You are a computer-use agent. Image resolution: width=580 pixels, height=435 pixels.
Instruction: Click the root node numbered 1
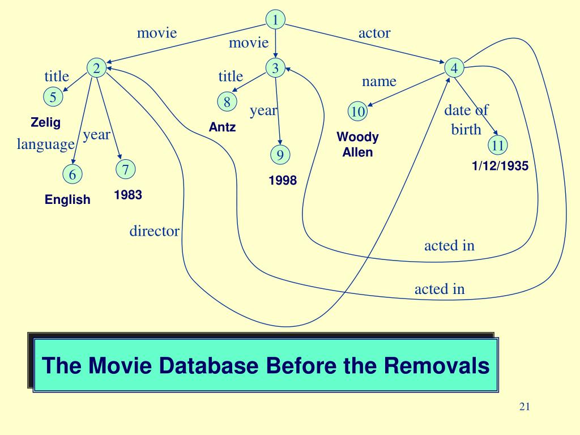pos(275,20)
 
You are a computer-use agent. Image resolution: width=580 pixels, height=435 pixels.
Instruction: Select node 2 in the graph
pos(96,69)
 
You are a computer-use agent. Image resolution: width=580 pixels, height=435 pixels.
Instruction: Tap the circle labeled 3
pos(275,69)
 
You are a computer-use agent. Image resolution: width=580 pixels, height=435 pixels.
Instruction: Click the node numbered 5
pos(53,97)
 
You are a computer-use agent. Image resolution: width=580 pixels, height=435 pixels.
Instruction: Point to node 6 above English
pos(72,174)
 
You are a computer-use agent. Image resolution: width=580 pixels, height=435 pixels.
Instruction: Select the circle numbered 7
pos(125,169)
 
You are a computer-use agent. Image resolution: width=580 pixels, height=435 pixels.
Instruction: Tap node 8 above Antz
pos(227,102)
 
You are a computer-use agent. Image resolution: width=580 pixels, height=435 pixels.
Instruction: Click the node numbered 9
pos(280,154)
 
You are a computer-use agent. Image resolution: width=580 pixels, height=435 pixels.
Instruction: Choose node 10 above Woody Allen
pos(357,111)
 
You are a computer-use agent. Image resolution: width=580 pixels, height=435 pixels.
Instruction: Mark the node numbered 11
pos(498,145)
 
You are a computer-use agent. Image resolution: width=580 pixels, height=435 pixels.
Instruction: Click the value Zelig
pos(45,122)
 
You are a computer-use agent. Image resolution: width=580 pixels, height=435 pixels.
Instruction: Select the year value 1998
pos(283,181)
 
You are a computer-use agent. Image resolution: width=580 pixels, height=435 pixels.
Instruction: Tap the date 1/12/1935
pos(500,167)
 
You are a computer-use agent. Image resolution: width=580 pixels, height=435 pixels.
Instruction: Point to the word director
pos(155,231)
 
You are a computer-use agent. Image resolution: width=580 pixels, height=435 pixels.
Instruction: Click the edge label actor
pos(374,33)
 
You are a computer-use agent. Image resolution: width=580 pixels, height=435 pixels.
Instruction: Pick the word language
pos(46,144)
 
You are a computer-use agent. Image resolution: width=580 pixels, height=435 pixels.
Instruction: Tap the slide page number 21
pos(524,407)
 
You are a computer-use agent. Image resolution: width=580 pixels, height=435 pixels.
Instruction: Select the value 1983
pos(127,195)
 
